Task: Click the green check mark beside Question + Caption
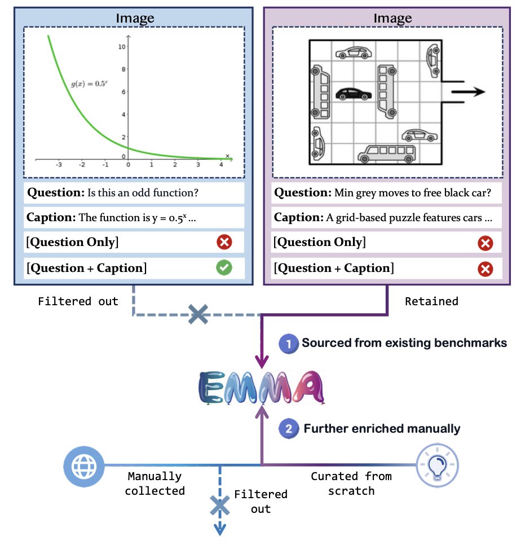pyautogui.click(x=224, y=267)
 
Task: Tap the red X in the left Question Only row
pyautogui.click(x=224, y=242)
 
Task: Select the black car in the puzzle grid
pyautogui.click(x=353, y=94)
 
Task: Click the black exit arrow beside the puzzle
pyautogui.click(x=468, y=92)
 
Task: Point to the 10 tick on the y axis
pyautogui.click(x=122, y=47)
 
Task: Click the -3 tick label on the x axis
pyautogui.click(x=59, y=165)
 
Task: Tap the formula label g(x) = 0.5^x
pyautogui.click(x=89, y=83)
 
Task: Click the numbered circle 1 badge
pyautogui.click(x=289, y=344)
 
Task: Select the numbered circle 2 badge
pyautogui.click(x=289, y=429)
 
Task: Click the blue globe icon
pyautogui.click(x=83, y=466)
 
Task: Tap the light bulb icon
pyautogui.click(x=438, y=465)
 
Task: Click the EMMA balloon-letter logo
pyautogui.click(x=262, y=388)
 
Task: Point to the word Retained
pyautogui.click(x=431, y=301)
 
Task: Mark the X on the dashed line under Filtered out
pyautogui.click(x=198, y=315)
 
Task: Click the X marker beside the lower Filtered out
pyautogui.click(x=220, y=506)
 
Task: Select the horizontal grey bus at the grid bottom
pyautogui.click(x=387, y=154)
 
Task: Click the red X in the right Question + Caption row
pyautogui.click(x=485, y=269)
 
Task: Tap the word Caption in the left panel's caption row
pyautogui.click(x=51, y=218)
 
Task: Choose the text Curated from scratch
pyautogui.click(x=351, y=484)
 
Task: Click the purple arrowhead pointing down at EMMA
pyautogui.click(x=262, y=362)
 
